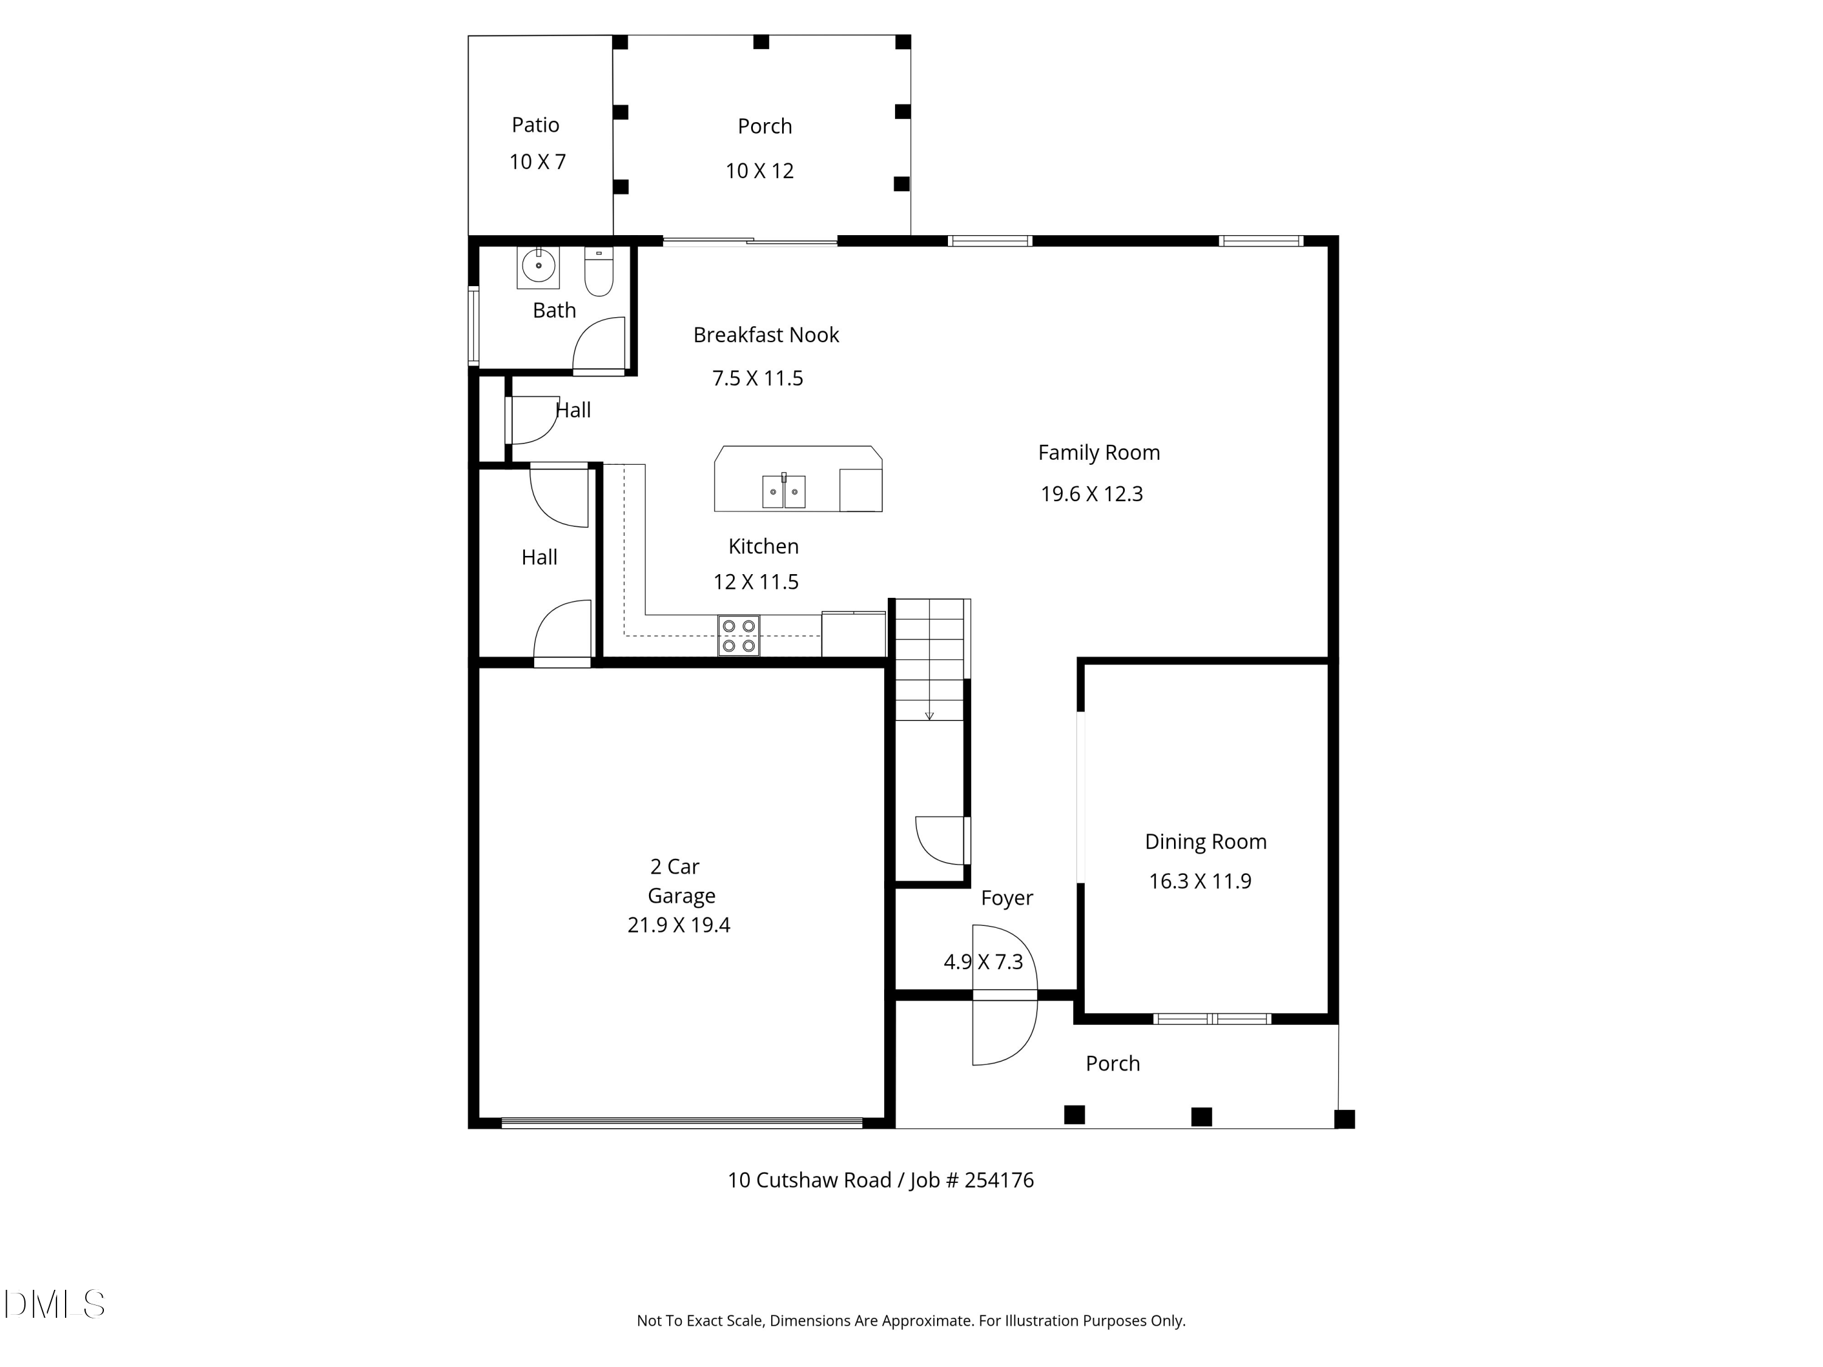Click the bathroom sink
click(x=538, y=267)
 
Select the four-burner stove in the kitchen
click(x=738, y=636)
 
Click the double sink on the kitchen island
click(x=783, y=492)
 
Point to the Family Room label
click(x=1099, y=453)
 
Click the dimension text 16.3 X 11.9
click(x=1200, y=882)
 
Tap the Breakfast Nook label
click(x=766, y=335)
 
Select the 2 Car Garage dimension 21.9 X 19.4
click(x=678, y=925)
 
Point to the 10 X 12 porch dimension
click(x=759, y=171)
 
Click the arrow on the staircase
click(x=930, y=714)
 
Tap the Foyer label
click(x=1006, y=898)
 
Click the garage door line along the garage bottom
click(x=682, y=1122)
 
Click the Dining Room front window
click(x=1212, y=1019)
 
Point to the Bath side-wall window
click(x=473, y=326)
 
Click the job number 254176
click(x=999, y=1180)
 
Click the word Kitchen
click(x=763, y=546)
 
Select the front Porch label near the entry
click(x=1113, y=1064)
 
